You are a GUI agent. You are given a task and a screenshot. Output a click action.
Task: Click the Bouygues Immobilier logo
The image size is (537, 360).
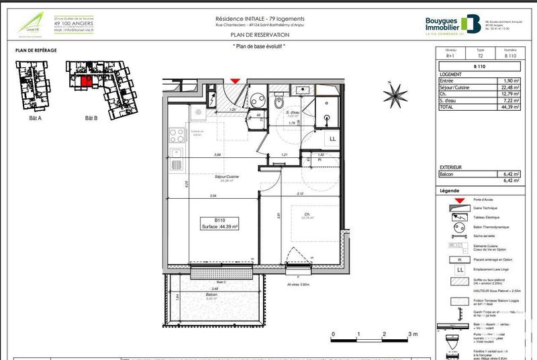[x=452, y=24]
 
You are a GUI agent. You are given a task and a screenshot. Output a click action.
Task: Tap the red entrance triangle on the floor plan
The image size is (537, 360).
[x=234, y=81]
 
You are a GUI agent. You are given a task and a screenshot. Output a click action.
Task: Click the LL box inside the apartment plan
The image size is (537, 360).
[x=332, y=138]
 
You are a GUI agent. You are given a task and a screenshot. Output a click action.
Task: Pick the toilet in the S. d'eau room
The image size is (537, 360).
[x=279, y=103]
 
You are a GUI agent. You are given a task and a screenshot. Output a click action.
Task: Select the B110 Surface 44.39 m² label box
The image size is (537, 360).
[x=222, y=224]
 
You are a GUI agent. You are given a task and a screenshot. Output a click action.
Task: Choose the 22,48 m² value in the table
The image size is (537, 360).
[x=505, y=86]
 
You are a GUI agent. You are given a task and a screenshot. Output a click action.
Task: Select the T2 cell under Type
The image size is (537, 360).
[x=479, y=56]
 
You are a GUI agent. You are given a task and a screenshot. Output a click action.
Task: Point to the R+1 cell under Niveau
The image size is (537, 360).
[x=451, y=56]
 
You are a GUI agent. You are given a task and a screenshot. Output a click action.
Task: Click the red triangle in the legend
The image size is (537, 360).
[x=458, y=201]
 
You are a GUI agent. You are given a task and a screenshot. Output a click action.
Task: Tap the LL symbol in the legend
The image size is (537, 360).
[x=459, y=269]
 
